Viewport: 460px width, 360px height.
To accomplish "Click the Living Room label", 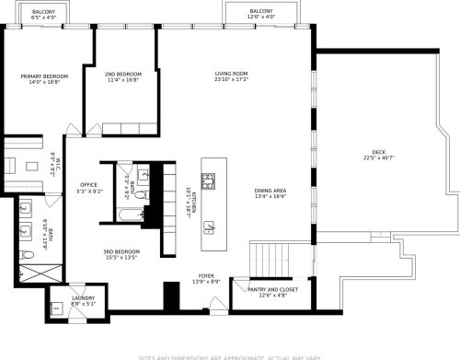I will [232, 74].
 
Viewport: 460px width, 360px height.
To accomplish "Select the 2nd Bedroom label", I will [122, 74].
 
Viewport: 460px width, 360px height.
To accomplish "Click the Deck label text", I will [378, 152].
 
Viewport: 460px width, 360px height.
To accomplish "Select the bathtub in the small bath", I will [126, 215].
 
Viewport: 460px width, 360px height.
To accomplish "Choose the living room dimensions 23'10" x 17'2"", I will [232, 80].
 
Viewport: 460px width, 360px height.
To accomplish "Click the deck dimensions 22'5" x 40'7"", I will [378, 158].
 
